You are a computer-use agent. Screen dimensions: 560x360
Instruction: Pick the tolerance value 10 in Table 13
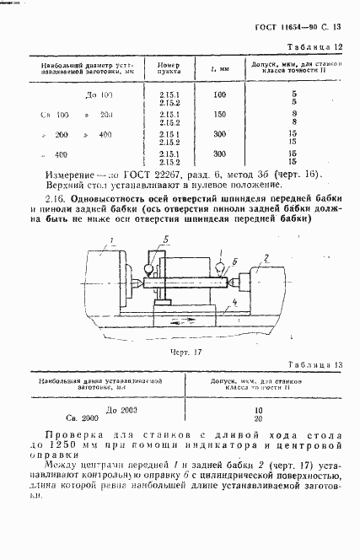click(258, 410)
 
